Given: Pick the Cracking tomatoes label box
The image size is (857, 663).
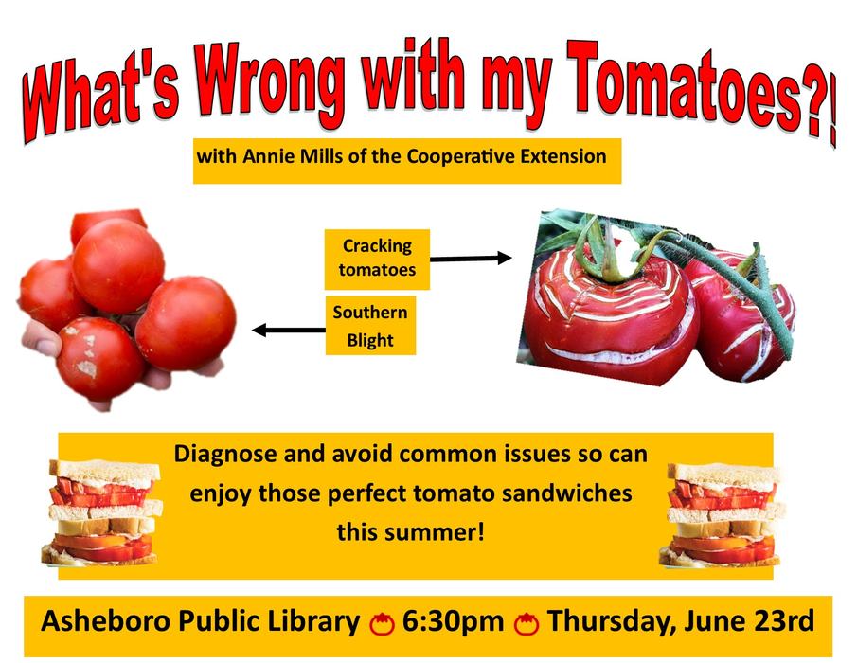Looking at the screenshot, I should pos(377,259).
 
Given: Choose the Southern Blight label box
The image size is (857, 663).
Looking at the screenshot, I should pos(370,326).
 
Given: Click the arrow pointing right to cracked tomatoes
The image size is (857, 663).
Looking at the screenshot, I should pos(470,258).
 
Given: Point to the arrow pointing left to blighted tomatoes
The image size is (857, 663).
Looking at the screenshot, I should pos(288,330).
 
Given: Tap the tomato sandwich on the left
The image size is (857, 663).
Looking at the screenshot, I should pos(101,512).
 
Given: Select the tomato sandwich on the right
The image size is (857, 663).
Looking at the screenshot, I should pos(723,515).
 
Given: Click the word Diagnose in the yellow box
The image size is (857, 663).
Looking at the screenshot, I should pos(220,454).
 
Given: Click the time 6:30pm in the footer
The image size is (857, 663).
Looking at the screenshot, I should pos(453,622).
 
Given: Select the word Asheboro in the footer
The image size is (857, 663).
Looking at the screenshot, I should pos(106,622).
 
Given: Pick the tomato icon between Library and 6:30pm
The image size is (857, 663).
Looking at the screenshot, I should pos(382,624).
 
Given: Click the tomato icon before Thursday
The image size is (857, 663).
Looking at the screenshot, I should pos(527,624).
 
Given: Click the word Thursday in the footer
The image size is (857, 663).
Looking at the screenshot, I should pos(620,622).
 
